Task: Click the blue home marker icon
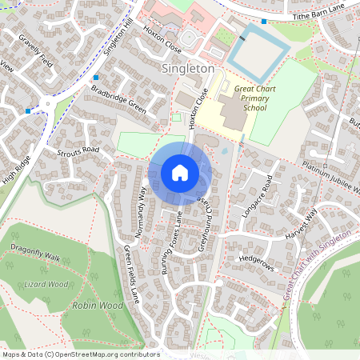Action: coord(180,173)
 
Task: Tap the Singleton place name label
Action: coord(188,69)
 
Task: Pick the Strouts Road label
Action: coord(78,152)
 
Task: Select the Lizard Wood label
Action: coord(46,283)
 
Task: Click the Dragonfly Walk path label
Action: coord(36,258)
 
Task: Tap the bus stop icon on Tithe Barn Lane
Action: coord(264,21)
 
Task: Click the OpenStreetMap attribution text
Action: coord(80,354)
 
